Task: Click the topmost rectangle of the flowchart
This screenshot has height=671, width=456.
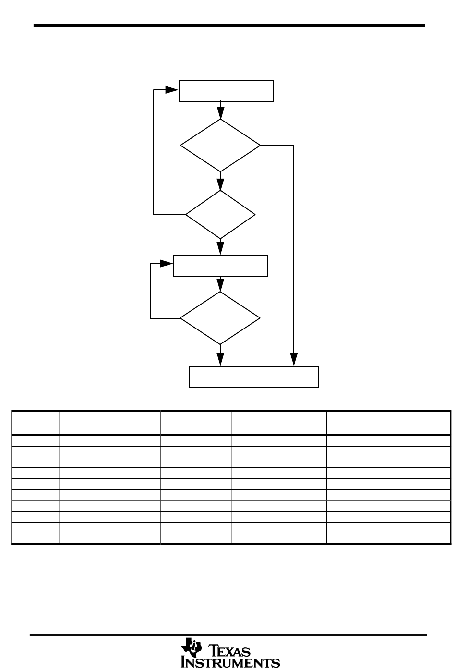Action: [226, 91]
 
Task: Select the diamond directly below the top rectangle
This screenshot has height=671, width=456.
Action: [220, 145]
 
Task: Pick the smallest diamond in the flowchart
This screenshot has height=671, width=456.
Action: [220, 214]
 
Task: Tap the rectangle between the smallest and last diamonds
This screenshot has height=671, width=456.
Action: [220, 266]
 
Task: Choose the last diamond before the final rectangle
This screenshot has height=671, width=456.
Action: [220, 318]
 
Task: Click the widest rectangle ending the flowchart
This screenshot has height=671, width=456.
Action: [254, 377]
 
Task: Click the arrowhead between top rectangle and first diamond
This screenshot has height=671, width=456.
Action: [220, 114]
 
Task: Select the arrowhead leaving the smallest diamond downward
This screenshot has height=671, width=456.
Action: [220, 249]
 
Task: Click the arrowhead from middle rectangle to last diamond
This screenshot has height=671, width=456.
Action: [220, 286]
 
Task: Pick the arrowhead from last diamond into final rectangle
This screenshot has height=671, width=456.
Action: [220, 359]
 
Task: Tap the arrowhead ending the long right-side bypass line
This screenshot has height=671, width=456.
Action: [293, 359]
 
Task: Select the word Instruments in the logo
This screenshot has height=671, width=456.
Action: [230, 663]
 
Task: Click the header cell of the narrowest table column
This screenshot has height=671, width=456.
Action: [35, 423]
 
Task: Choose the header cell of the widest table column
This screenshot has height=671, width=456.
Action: [388, 423]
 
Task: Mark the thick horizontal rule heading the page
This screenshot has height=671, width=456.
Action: [229, 25]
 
